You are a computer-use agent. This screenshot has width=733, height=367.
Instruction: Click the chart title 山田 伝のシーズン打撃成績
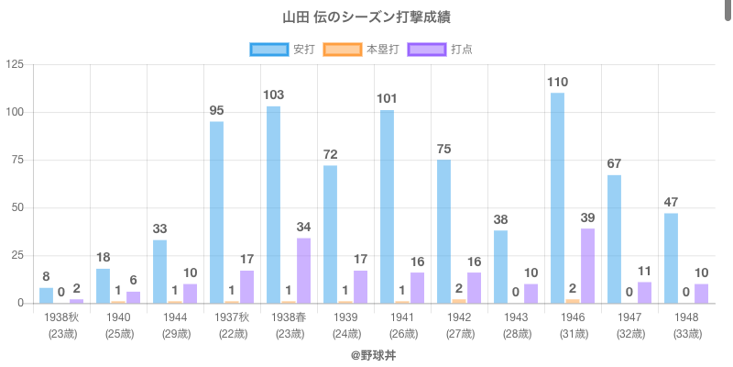[x=366, y=17]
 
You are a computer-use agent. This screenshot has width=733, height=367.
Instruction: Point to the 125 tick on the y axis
[x=15, y=64]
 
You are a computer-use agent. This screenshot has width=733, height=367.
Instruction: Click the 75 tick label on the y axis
[x=17, y=160]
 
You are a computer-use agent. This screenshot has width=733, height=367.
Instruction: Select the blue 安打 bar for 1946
[x=557, y=198]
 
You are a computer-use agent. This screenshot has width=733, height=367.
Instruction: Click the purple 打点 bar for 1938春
[x=303, y=271]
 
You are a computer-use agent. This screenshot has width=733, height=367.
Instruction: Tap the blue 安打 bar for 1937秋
[x=216, y=212]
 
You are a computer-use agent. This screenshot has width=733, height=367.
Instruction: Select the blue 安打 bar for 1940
[x=103, y=285]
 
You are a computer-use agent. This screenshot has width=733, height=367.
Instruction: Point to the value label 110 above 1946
[x=557, y=83]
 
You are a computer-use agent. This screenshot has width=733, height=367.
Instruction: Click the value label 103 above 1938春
[x=273, y=95]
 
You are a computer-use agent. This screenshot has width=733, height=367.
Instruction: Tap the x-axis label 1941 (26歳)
[x=402, y=325]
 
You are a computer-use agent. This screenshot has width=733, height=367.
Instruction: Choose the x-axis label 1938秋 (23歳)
[x=61, y=325]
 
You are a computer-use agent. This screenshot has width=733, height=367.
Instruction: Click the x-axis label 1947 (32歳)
[x=629, y=325]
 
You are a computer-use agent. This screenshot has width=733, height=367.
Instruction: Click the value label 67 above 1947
[x=614, y=164]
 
